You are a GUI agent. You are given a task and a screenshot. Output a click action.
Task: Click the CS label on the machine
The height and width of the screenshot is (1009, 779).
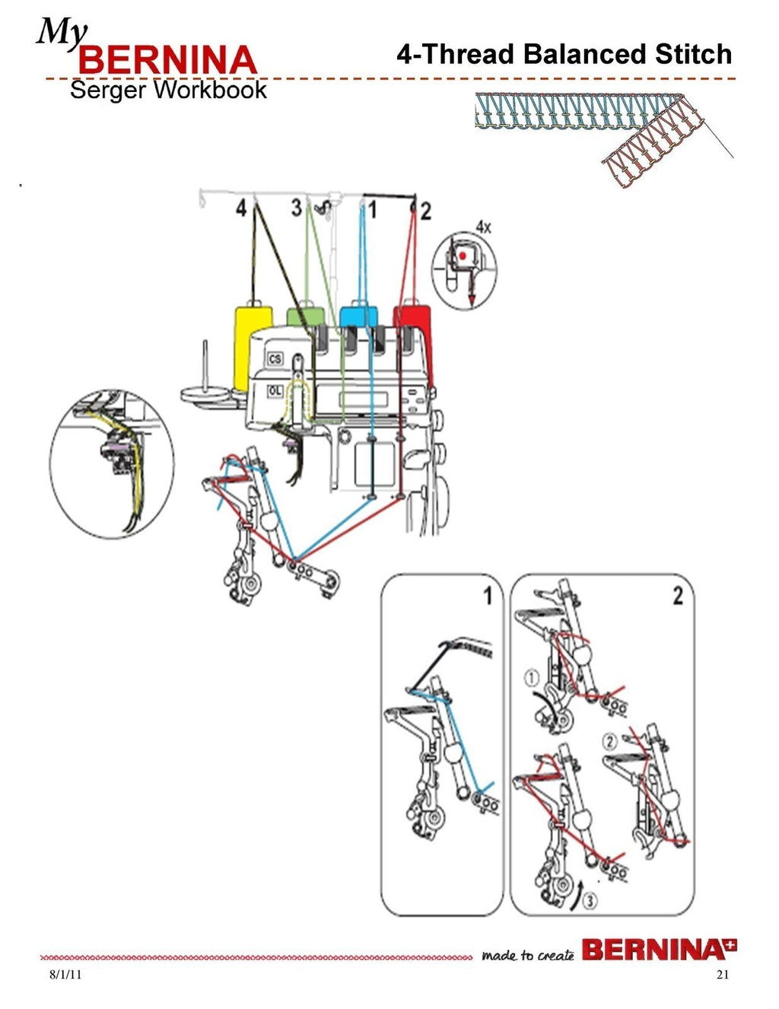(x=275, y=359)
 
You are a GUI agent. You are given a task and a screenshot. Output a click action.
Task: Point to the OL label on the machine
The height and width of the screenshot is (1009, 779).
(x=275, y=390)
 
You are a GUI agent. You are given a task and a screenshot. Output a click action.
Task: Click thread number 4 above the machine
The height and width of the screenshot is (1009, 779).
(x=241, y=208)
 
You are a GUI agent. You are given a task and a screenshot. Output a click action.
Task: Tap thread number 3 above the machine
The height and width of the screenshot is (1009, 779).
(x=297, y=207)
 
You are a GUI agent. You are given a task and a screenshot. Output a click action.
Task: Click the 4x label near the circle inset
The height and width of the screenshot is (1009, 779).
(x=484, y=226)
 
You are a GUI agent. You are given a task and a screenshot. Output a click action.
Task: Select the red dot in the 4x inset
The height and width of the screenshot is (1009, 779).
(x=463, y=256)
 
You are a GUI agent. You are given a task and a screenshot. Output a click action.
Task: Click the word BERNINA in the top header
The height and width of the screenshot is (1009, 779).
(x=167, y=61)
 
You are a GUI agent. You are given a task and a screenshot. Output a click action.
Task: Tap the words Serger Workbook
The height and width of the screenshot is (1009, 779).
(x=168, y=91)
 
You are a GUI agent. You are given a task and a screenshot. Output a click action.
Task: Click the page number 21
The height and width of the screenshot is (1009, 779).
(x=722, y=976)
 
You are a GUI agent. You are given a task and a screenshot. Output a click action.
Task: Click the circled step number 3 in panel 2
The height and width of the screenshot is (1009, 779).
(x=590, y=901)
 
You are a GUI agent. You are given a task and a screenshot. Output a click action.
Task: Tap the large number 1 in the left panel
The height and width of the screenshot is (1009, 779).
(x=488, y=596)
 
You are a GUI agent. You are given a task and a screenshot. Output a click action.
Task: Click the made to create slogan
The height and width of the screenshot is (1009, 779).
(x=527, y=956)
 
